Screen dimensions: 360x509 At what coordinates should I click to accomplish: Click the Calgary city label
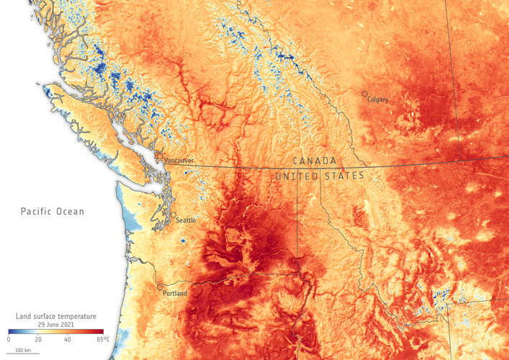point(378,99)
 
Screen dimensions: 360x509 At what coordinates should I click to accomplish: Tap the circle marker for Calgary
point(365,94)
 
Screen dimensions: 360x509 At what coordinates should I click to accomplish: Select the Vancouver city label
point(179,161)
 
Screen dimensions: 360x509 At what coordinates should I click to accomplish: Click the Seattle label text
point(186,220)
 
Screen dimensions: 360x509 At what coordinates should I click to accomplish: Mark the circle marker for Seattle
point(173,215)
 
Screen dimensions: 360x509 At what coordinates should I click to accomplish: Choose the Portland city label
point(175,293)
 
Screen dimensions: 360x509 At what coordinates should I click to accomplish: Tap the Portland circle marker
point(160,287)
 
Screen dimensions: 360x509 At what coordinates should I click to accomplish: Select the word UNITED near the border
point(297,176)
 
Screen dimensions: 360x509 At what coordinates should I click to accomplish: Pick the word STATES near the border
point(343,176)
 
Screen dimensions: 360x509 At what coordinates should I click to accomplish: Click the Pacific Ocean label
point(52,212)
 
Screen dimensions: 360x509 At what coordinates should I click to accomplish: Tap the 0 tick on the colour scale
point(9,339)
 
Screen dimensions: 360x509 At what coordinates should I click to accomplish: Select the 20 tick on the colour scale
point(37,339)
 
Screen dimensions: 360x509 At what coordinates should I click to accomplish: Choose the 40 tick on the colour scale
point(67,339)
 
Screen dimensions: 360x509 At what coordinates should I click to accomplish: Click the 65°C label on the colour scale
point(102,339)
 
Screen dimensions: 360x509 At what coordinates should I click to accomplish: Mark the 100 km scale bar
point(24,351)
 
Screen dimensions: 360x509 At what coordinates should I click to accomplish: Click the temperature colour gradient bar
point(56,331)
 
